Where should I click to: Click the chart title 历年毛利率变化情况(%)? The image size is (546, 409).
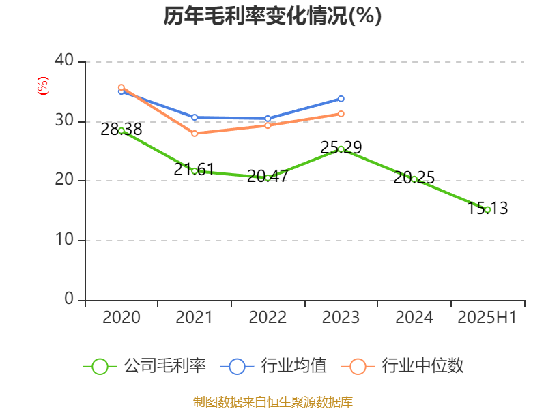272,16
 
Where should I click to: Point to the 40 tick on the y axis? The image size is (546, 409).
64,61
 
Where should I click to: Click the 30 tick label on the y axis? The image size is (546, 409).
64,121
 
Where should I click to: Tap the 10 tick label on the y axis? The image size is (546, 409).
64,240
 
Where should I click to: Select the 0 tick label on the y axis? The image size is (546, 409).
69,299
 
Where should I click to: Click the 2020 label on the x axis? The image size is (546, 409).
121,318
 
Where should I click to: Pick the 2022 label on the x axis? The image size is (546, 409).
268,318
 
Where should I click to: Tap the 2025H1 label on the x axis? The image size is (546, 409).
487,318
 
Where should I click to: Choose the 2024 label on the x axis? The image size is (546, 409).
414,318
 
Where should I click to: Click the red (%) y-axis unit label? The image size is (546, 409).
42,87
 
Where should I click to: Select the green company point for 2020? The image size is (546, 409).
121,130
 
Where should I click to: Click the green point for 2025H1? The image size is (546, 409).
487,209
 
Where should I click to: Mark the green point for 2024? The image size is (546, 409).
414,179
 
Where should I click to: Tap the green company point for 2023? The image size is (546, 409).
341,149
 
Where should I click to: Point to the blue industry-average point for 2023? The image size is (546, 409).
341,99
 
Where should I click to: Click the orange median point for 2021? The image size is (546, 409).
195,134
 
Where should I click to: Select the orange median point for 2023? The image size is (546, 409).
341,114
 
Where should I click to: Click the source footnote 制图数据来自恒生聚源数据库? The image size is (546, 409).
272,402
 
